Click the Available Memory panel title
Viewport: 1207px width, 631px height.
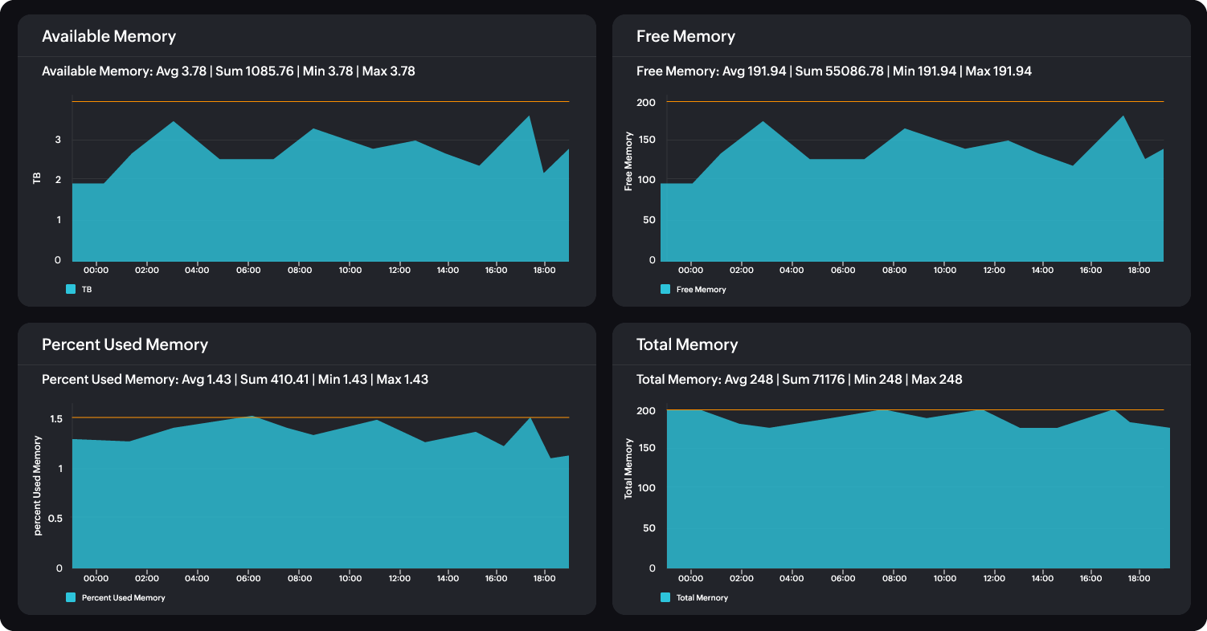click(x=108, y=36)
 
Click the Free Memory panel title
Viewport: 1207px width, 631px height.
click(x=685, y=36)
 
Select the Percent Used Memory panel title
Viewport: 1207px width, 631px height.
click(x=125, y=344)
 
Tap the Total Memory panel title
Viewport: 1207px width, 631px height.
click(x=686, y=344)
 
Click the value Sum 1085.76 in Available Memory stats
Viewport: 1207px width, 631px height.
click(x=255, y=71)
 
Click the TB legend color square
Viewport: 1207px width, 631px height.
click(x=71, y=289)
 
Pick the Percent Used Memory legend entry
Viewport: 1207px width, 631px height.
click(x=123, y=597)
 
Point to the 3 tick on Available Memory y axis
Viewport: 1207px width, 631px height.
click(x=57, y=140)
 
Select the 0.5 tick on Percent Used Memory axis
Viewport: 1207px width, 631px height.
click(x=55, y=519)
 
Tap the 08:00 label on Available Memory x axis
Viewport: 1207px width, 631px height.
click(x=299, y=271)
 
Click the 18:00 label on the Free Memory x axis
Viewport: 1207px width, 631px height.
click(x=1137, y=271)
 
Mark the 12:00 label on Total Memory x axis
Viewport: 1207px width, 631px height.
click(x=994, y=578)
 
